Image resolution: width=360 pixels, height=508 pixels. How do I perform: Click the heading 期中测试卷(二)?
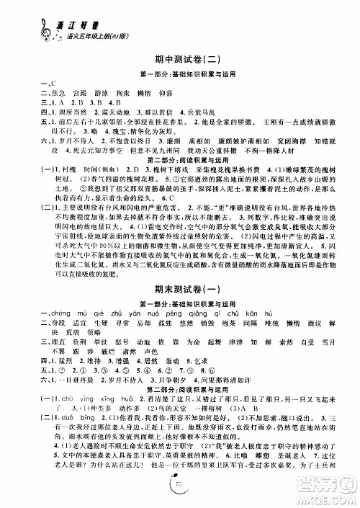click(x=180, y=61)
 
